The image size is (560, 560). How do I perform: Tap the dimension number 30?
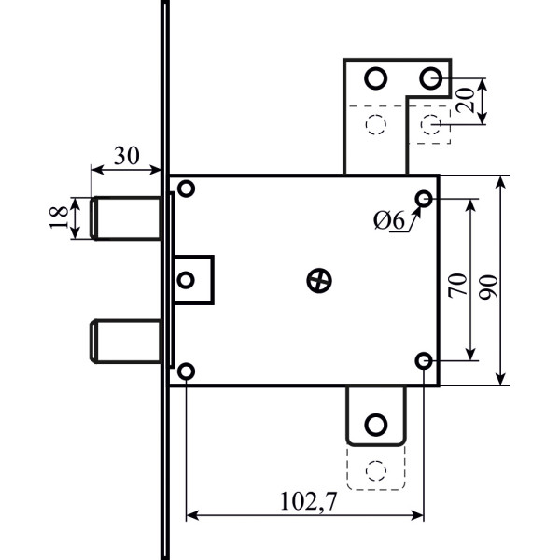[128, 156]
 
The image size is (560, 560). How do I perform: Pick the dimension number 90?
[485, 280]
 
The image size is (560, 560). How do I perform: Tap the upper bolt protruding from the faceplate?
[126, 217]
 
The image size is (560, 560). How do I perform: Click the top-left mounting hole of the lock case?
[186, 189]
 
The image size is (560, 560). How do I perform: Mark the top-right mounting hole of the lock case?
[424, 199]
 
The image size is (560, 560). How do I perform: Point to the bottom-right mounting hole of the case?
[424, 360]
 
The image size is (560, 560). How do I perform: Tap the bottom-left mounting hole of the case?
[186, 371]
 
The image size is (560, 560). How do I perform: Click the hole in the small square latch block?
[186, 279]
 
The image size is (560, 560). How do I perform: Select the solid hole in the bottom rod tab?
[376, 425]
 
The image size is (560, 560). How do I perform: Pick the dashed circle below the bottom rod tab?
[376, 469]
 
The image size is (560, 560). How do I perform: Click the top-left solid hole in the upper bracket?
[375, 77]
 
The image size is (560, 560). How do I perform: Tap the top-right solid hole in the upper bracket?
[430, 77]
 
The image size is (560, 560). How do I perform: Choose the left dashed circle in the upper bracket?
[375, 124]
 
